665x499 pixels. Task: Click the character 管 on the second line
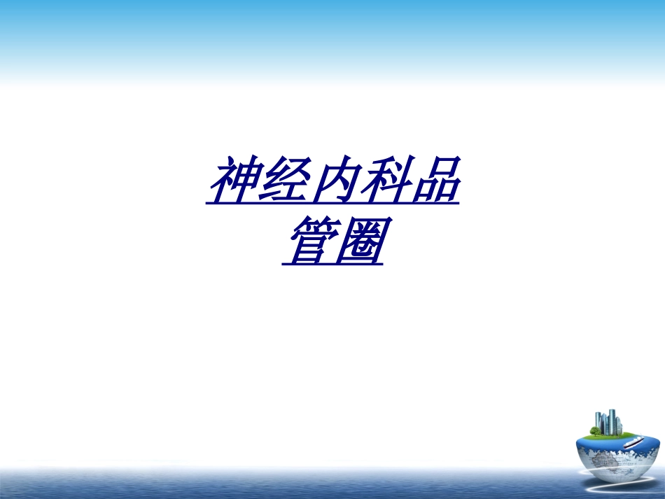308,241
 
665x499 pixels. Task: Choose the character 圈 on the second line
358,241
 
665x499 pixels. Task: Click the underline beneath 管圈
332,265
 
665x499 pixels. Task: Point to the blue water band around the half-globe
595,443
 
